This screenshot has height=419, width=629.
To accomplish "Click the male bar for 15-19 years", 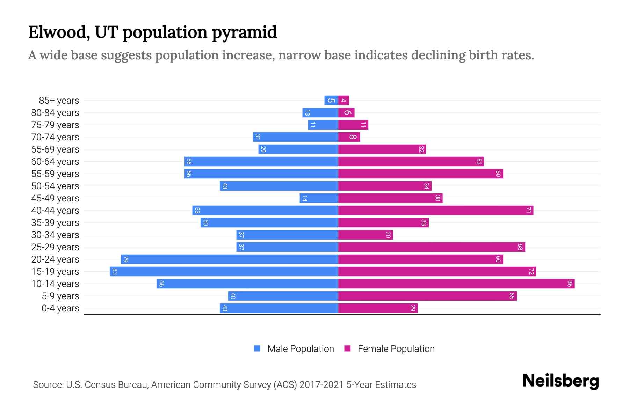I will pos(224,272).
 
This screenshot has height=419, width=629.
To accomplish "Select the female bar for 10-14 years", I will pos(456,284).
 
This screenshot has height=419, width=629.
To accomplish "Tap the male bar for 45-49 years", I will pos(319,198).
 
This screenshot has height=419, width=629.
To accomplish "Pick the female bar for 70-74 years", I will pos(349,137).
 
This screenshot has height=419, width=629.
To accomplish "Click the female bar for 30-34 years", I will pos(366,235).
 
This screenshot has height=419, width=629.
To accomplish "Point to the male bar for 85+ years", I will pos(331,101).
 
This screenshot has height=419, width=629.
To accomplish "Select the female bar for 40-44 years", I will pos(435,211).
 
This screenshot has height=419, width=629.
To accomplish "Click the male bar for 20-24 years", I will pos(229,259).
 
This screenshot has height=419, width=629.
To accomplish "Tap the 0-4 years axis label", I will pos(60,308).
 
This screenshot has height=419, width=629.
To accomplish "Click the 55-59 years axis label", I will pos(55,174).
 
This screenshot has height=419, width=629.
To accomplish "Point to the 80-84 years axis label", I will pos(55,113).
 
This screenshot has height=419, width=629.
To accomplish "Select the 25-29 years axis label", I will pos(55,247).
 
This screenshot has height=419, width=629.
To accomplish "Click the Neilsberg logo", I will pos(561,381).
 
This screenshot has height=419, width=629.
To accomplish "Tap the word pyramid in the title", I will pos(244,32).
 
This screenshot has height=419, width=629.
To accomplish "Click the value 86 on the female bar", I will pos(570,284).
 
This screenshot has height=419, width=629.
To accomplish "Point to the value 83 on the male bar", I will pos(115,272).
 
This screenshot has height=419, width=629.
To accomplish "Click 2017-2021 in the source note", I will pos(321,385).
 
